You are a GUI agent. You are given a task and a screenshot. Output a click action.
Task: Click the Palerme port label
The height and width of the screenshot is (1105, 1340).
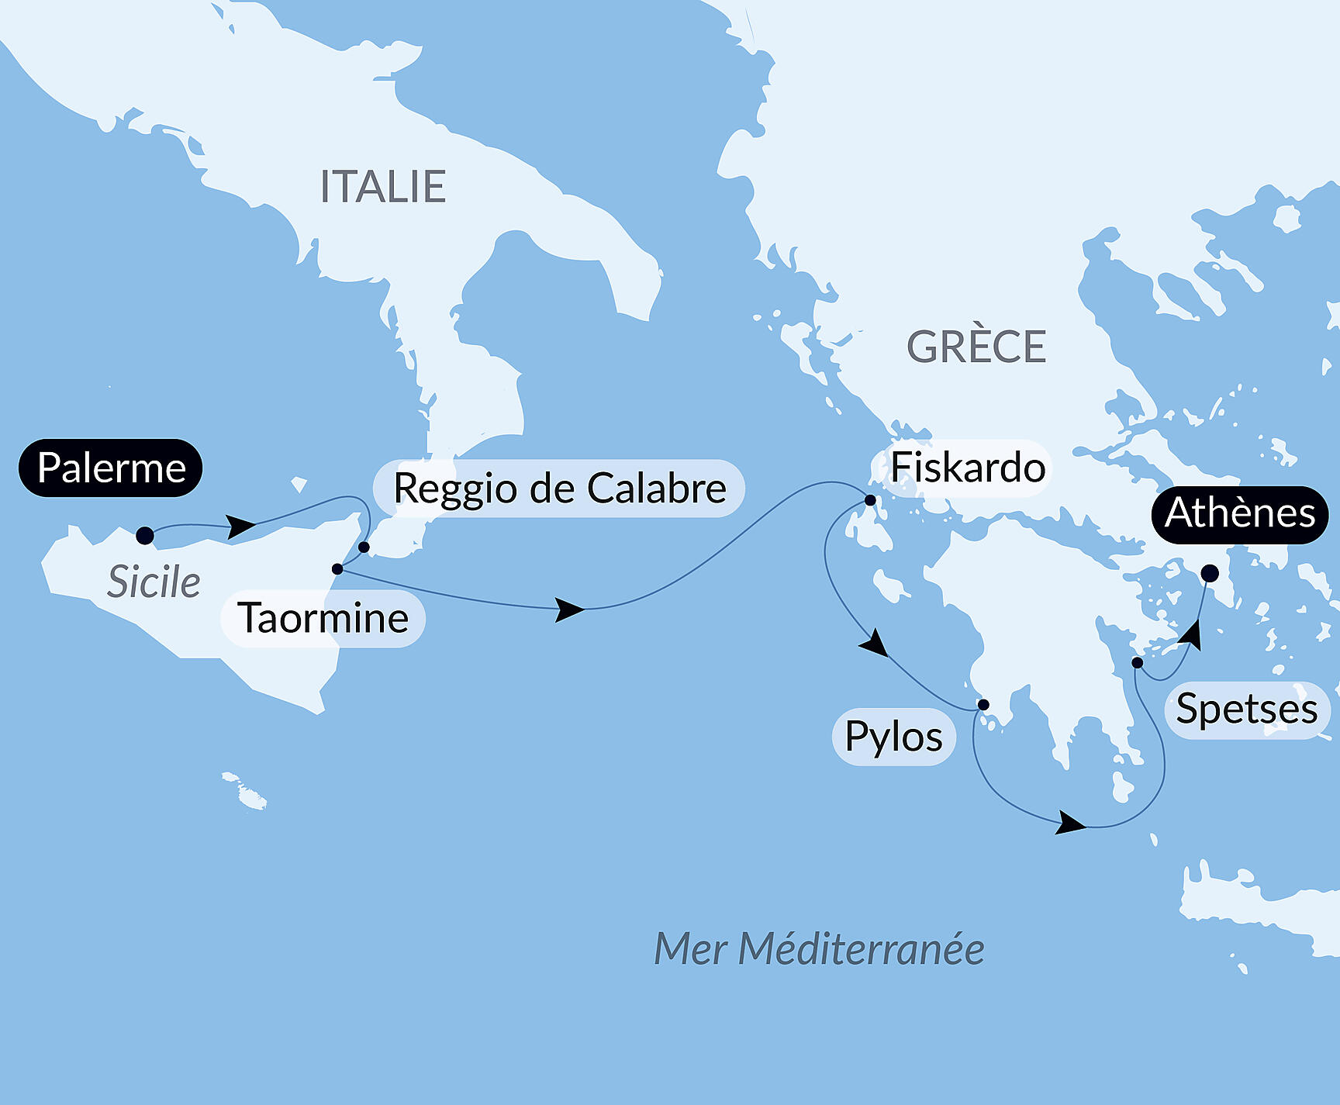point(111,468)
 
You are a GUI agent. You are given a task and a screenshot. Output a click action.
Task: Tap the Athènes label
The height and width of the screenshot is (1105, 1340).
point(1239,513)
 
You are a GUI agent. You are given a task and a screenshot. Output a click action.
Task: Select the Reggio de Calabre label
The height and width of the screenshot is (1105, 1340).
point(559,489)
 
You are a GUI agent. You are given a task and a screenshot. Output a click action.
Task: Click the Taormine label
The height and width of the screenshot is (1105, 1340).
point(323,619)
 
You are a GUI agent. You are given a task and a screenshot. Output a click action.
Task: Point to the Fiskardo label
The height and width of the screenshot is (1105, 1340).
point(967,468)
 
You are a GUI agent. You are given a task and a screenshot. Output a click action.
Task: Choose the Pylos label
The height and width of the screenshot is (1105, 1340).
point(893,737)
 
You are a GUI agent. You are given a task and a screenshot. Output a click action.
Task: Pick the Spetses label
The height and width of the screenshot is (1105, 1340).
point(1246,710)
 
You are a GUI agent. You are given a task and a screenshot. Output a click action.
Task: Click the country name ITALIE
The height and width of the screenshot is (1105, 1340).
point(383,187)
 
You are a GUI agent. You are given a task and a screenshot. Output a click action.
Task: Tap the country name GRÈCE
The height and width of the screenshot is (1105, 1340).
point(976,347)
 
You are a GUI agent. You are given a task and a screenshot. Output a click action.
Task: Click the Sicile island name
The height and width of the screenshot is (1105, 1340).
point(154,582)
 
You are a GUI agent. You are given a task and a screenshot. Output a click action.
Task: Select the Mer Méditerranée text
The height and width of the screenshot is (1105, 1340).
point(819,949)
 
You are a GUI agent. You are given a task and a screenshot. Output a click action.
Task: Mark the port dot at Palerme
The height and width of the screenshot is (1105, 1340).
point(145,535)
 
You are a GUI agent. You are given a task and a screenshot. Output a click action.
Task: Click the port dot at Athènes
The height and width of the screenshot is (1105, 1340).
point(1210,574)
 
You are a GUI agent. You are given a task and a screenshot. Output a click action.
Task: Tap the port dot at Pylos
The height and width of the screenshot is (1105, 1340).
point(983,705)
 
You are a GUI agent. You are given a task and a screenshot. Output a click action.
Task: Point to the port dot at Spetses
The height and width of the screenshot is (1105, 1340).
point(1137,662)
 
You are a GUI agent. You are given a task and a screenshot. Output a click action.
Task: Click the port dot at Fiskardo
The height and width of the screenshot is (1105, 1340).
point(870,500)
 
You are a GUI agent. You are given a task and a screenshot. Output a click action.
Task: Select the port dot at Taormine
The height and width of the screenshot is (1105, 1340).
point(337,569)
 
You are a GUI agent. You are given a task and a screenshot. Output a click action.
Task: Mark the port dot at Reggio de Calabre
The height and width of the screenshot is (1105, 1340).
point(364,547)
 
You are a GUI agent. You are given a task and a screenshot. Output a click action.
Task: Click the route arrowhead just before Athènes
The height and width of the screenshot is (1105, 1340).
point(1192,635)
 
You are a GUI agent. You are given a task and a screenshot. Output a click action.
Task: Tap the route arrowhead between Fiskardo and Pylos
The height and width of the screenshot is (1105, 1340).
point(875,644)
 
